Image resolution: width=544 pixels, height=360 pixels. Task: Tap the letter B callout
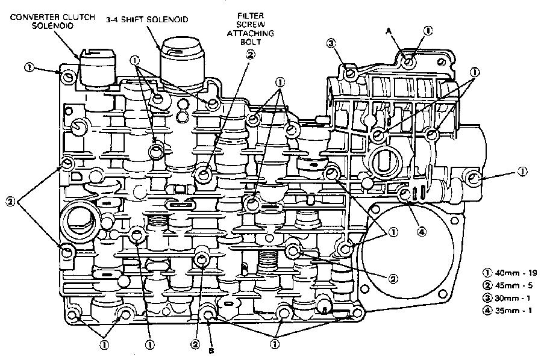click(x=210, y=350)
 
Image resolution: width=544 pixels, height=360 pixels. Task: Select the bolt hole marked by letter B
click(x=208, y=315)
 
